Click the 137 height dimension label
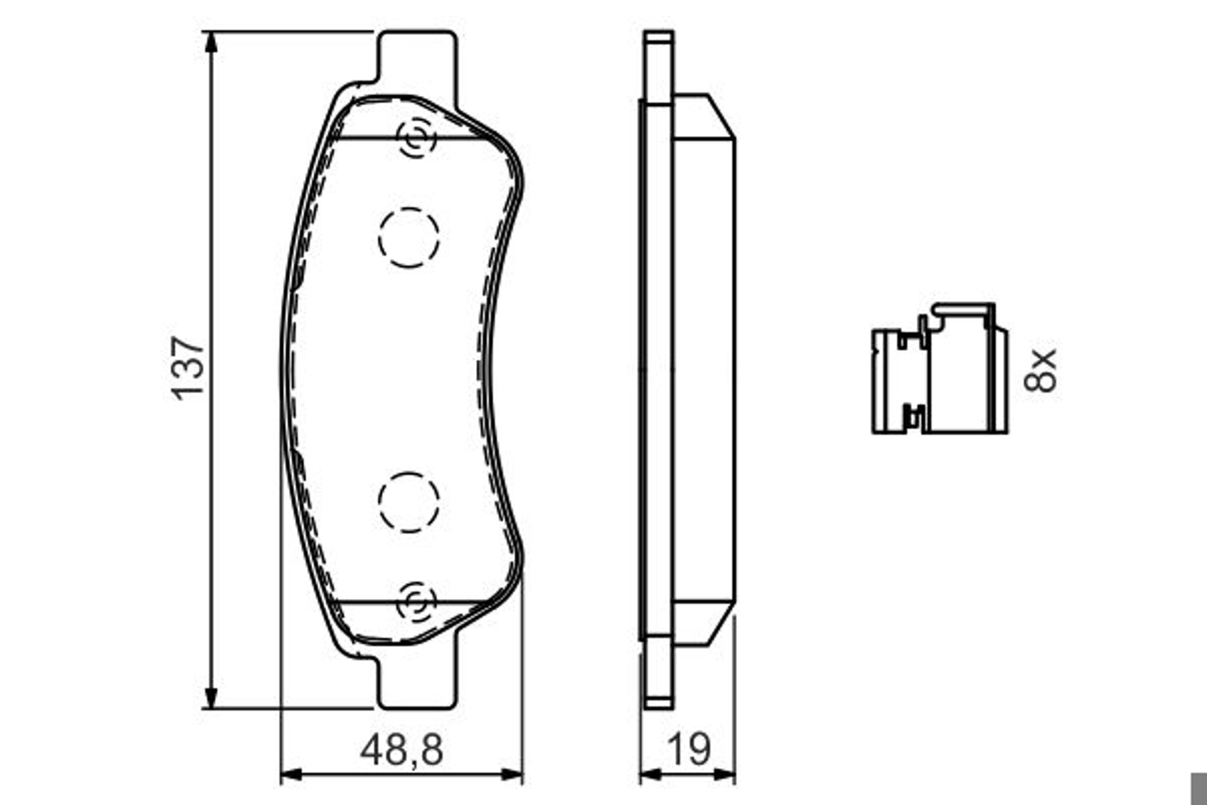click(x=188, y=369)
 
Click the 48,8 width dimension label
click(x=401, y=750)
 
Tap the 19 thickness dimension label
click(x=689, y=750)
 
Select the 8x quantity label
click(x=1040, y=370)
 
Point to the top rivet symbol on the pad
click(x=417, y=138)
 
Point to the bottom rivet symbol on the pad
click(x=417, y=602)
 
